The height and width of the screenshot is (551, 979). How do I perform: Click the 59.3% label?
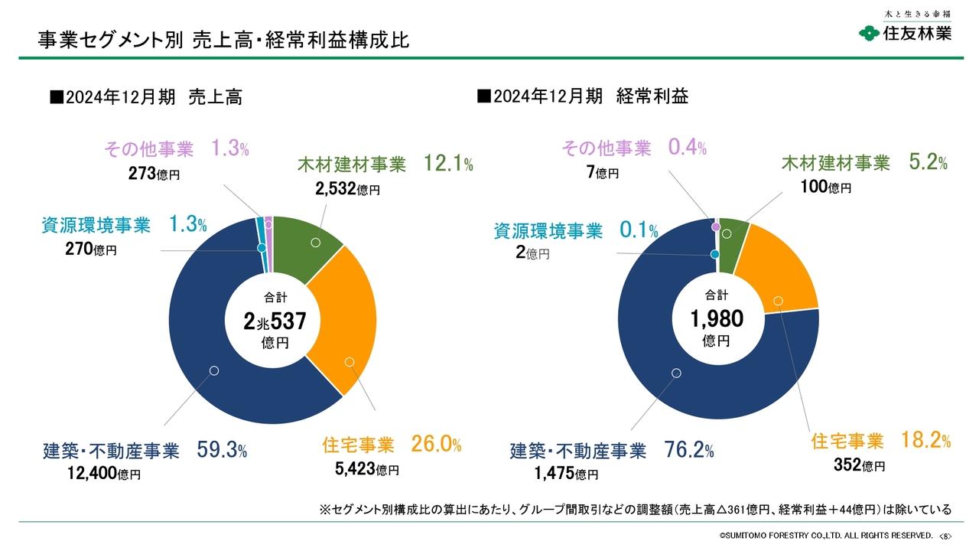click(x=222, y=450)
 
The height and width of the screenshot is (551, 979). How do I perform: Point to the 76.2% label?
click(x=689, y=450)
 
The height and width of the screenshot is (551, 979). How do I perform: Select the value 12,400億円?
click(x=104, y=474)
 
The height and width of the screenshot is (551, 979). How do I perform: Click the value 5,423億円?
click(x=367, y=469)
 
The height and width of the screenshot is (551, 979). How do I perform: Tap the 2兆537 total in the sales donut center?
click(x=275, y=322)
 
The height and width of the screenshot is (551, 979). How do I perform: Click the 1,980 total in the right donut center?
click(x=717, y=318)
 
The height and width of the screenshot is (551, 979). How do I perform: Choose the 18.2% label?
click(x=925, y=441)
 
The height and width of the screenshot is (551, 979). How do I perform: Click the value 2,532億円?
click(x=347, y=189)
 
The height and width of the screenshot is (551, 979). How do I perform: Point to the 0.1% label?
click(x=638, y=230)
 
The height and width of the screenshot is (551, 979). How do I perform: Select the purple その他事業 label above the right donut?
click(x=607, y=148)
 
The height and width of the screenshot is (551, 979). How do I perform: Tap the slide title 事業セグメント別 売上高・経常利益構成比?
click(x=224, y=40)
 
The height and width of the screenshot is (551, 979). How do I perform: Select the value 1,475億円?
click(x=567, y=474)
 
